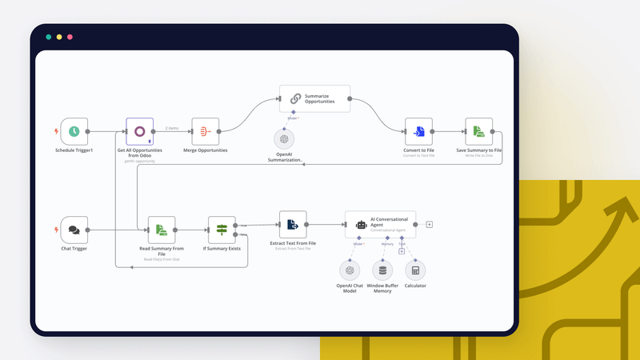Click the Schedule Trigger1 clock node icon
pos(74,131)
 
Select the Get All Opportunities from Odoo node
pos(139,131)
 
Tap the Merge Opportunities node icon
pos(205,131)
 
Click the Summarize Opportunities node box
pos(314,99)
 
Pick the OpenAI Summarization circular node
pos(284,138)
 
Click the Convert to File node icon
pos(418,131)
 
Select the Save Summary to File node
pos(478,131)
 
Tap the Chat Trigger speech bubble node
pos(74,230)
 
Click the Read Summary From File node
pos(162,230)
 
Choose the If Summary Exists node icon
pos(222,230)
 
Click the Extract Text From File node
pos(293,225)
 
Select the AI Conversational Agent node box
pos(380,225)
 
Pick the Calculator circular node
pos(415,270)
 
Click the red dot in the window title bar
pos(70,37)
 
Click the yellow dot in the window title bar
pos(59,37)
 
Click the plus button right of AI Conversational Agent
pos(430,225)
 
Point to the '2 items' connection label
pos(171,128)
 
